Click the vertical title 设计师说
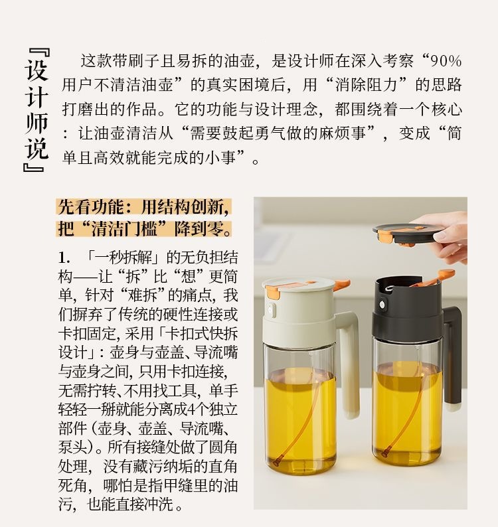point(37,110)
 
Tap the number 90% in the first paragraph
point(446,61)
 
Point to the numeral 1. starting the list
point(64,258)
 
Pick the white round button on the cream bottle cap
point(271,309)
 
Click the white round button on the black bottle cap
point(382,305)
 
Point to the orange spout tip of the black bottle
point(447,274)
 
